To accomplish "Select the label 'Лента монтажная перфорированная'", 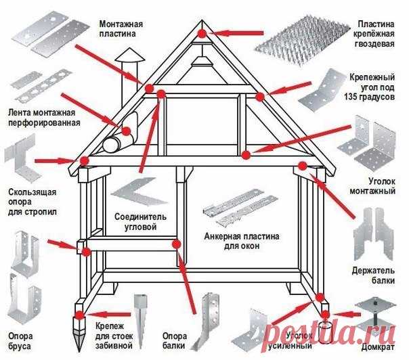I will coord(41,118).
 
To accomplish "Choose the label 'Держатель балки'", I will coord(373,275).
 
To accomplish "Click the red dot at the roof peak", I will coord(202,32).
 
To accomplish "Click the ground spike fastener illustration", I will coord(140,318).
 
